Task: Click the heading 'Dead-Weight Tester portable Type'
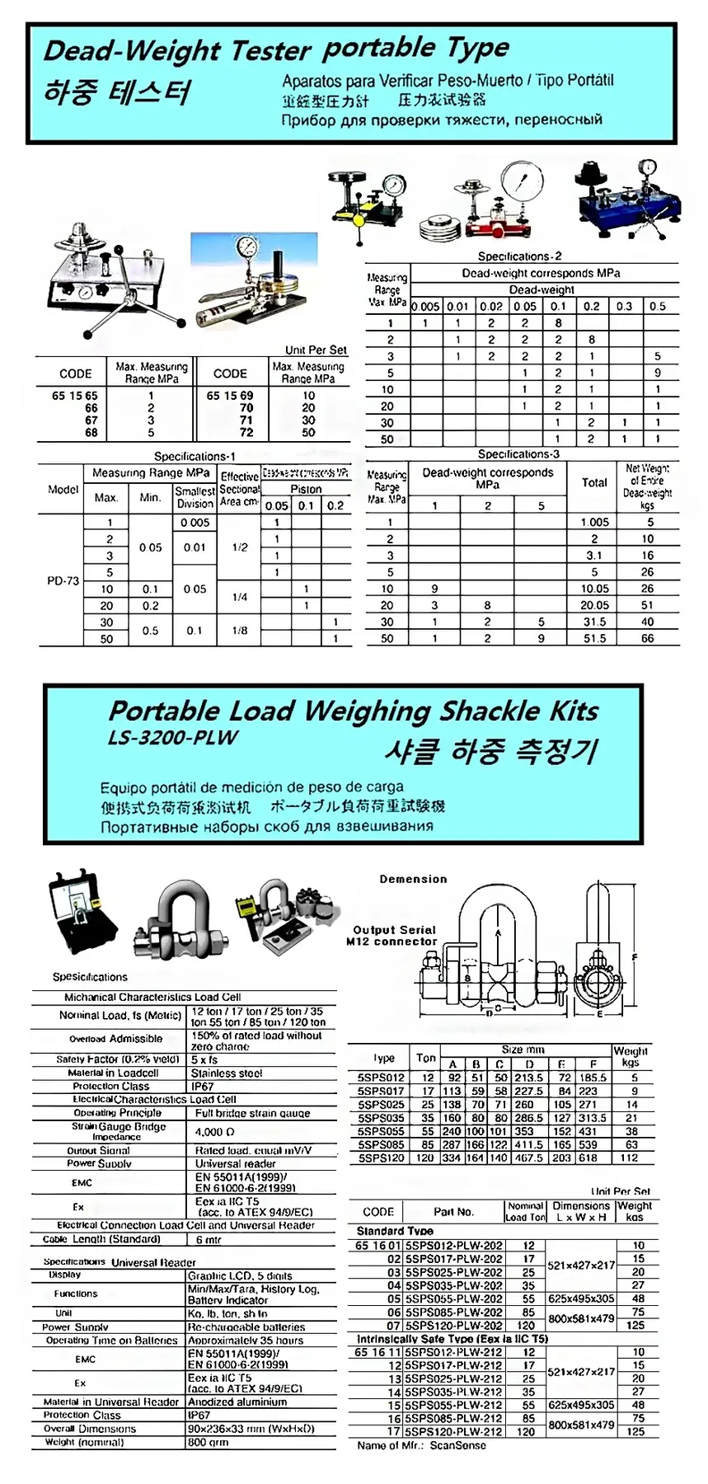coord(276,50)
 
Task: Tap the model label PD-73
coord(63,580)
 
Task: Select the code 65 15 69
coord(230,396)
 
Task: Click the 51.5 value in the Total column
coord(594,638)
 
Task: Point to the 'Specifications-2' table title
coord(519,256)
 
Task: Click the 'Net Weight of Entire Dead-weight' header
coord(647,486)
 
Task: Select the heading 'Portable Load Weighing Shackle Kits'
coord(354,711)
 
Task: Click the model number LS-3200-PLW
coord(172,737)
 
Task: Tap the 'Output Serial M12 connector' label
coord(393,935)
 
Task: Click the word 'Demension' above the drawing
coord(413,879)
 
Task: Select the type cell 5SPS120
coord(381,1158)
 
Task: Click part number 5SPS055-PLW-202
coord(453,1298)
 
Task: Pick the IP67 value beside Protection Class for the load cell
coord(203,1086)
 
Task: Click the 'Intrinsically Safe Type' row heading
coord(452,1339)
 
